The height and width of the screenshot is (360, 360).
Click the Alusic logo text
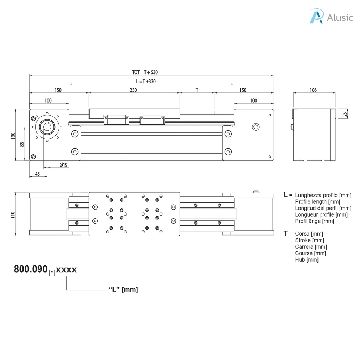pos(339,17)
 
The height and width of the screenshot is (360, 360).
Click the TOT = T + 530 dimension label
pos(145,72)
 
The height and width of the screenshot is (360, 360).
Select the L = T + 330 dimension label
pos(146,82)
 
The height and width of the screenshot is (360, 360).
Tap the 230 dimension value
pos(133,90)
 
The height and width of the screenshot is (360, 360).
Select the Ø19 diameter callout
pos(63,165)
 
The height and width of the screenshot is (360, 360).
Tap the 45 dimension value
pos(37,174)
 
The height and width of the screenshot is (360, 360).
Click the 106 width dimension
pos(313,90)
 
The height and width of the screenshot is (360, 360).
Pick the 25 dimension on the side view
pos(345,114)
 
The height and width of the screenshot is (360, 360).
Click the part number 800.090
pos(31,270)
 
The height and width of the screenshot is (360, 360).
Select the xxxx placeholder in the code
pos(66,270)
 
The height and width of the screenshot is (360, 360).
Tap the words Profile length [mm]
pos(317,201)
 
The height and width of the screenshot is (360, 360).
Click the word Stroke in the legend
pos(303,240)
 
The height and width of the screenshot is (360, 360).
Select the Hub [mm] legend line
pos(307,260)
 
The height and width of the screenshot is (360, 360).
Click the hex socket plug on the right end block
pos(256,127)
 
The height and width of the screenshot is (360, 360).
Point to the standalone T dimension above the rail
pos(197,90)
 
